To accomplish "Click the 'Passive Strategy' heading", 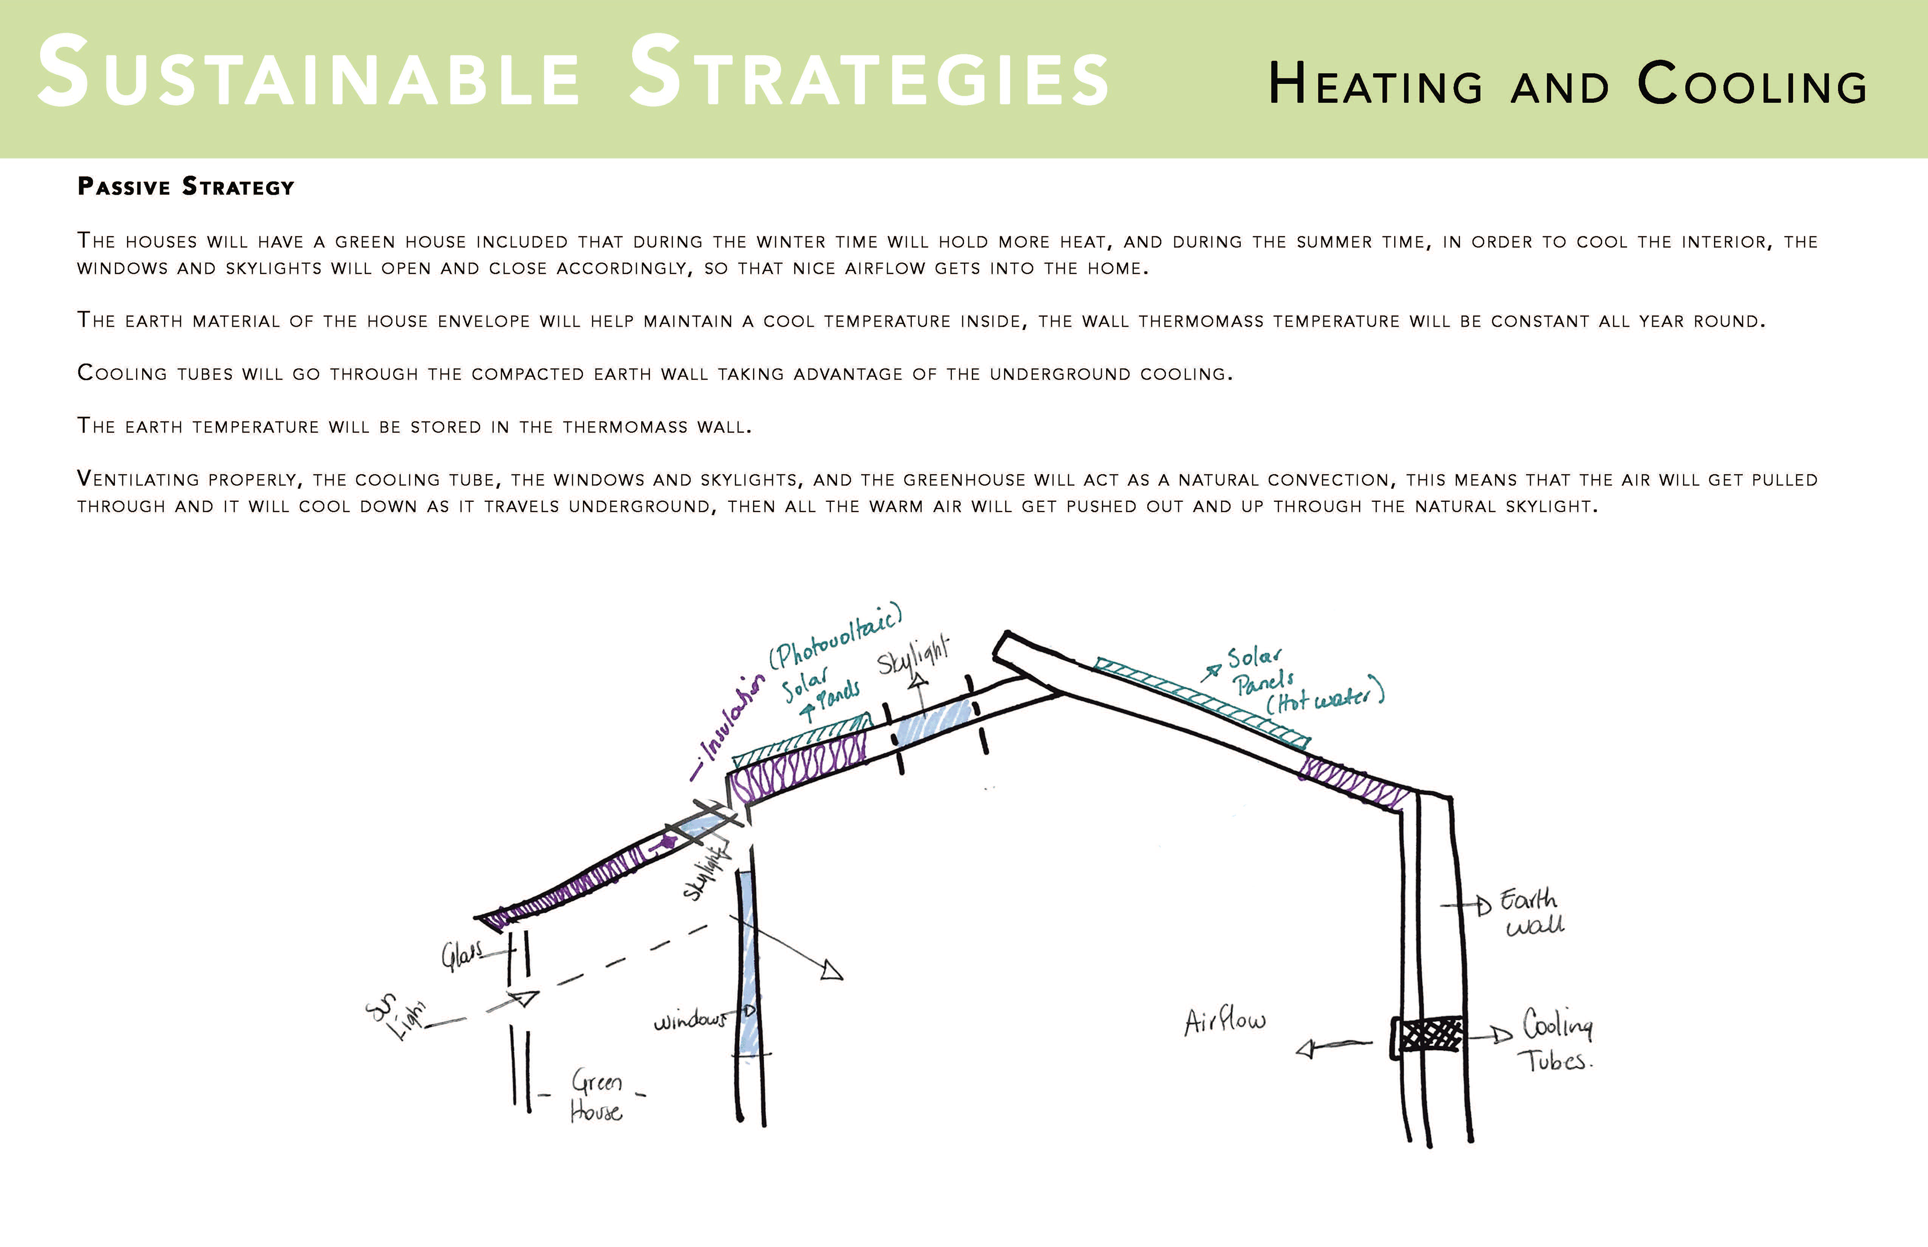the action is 185,187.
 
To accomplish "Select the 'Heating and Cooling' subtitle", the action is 1568,84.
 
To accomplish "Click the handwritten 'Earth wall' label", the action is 1531,913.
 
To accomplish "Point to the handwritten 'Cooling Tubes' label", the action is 1556,1041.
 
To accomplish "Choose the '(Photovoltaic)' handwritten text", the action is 834,636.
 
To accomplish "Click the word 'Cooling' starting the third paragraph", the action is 122,373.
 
